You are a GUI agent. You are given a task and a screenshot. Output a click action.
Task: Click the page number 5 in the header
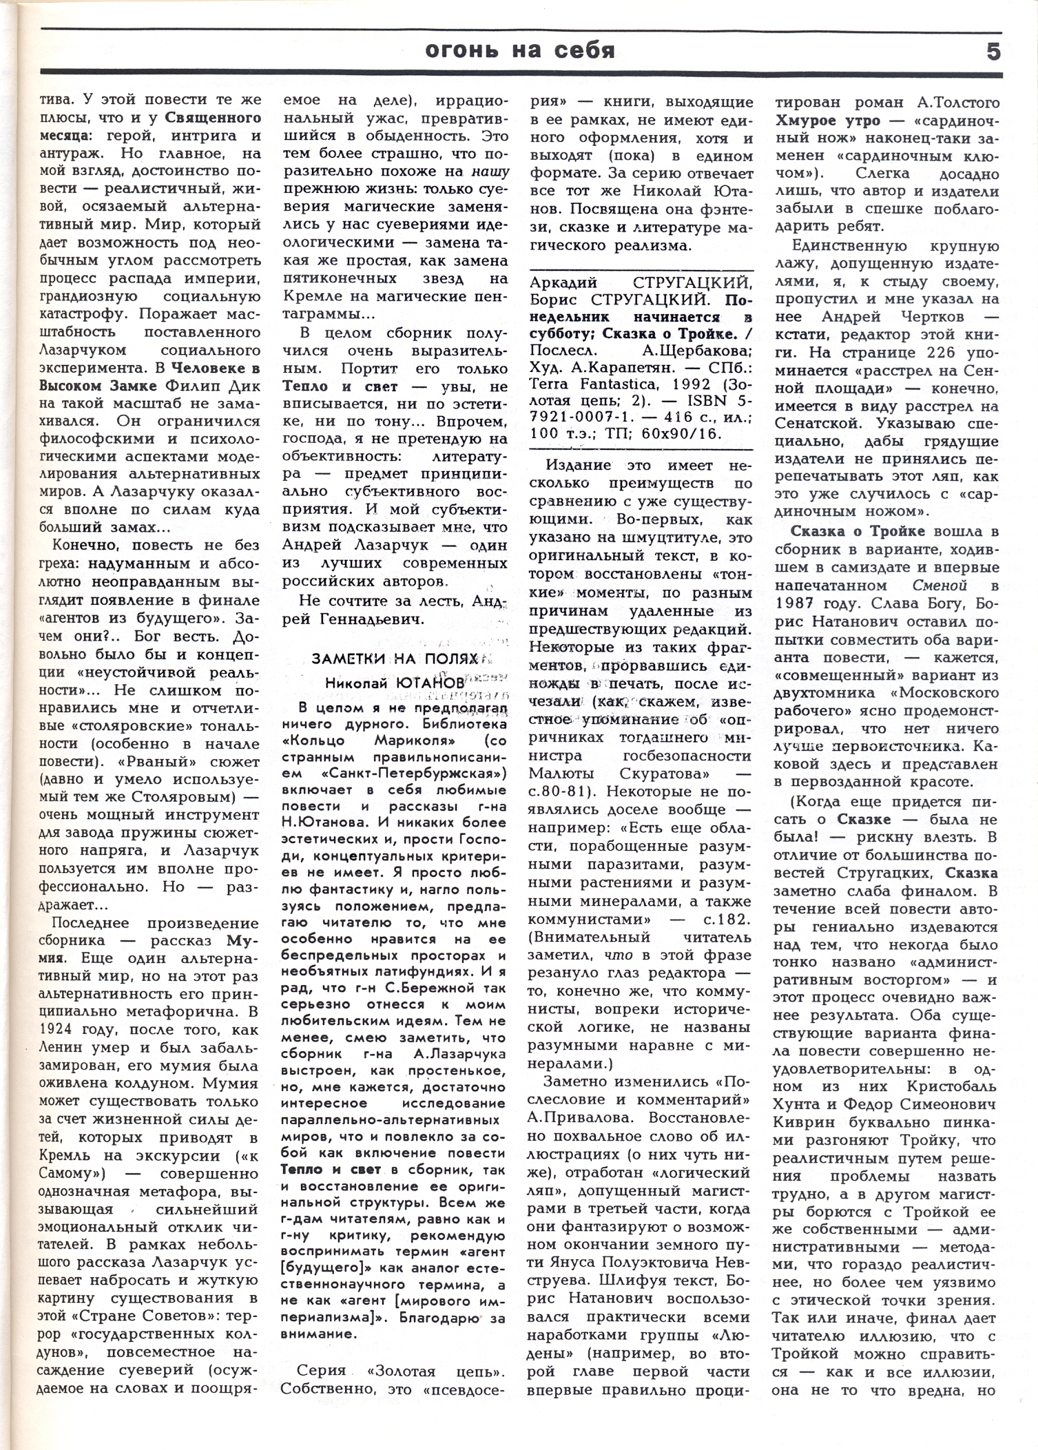[994, 51]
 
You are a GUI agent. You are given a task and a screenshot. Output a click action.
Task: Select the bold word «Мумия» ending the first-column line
[241, 940]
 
